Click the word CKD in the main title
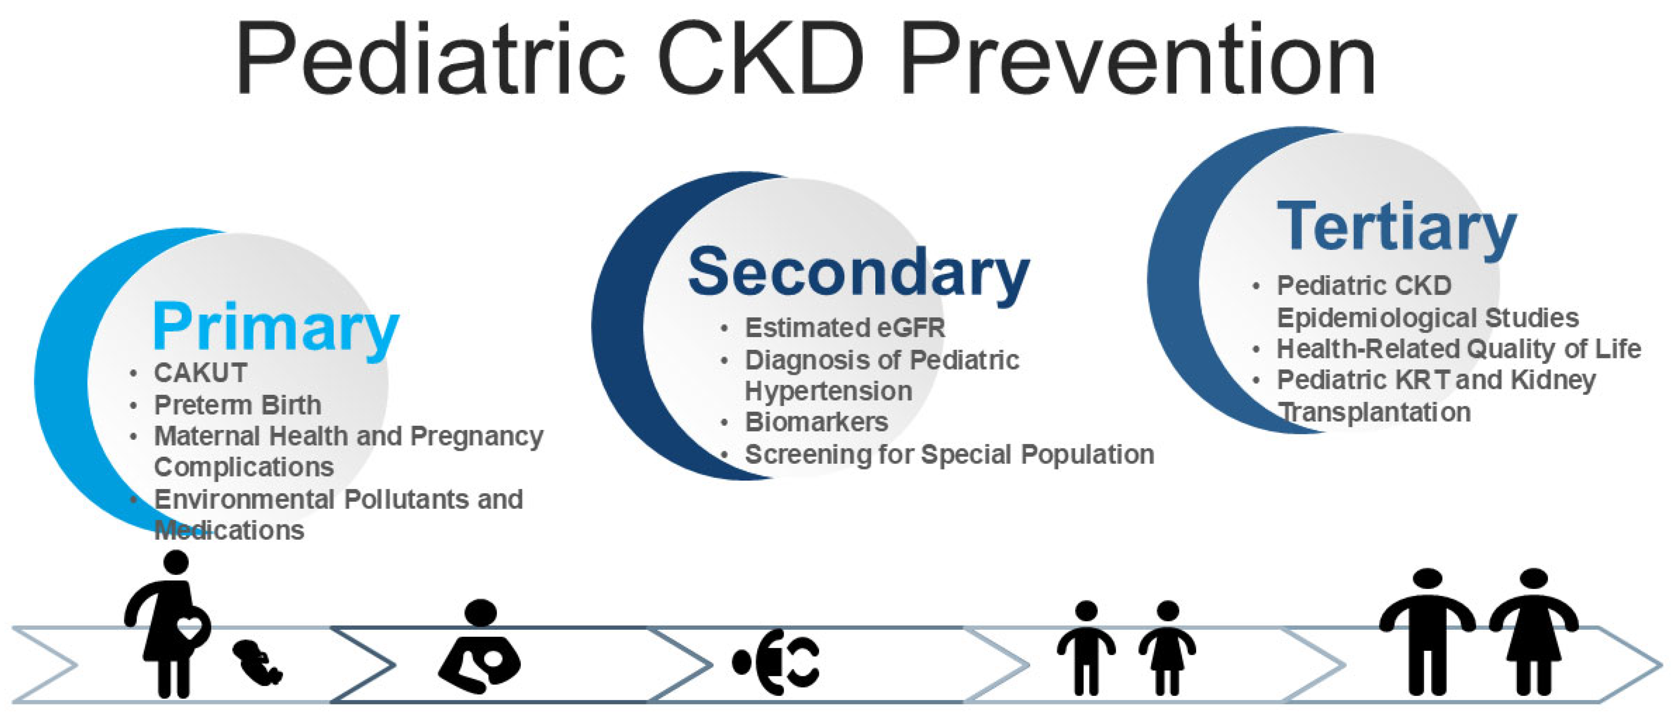pyautogui.click(x=761, y=59)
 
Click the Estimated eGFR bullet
pyautogui.click(x=844, y=328)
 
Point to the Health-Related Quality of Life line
pyautogui.click(x=1459, y=349)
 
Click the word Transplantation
pyautogui.click(x=1375, y=412)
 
